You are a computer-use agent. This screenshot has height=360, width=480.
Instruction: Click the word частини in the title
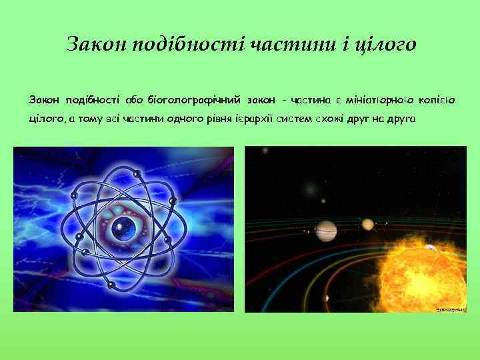282,45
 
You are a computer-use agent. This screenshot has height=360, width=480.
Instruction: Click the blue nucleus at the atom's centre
123,226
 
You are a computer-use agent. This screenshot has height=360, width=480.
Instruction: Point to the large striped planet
327,231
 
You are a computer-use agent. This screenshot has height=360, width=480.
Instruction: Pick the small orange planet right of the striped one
367,225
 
